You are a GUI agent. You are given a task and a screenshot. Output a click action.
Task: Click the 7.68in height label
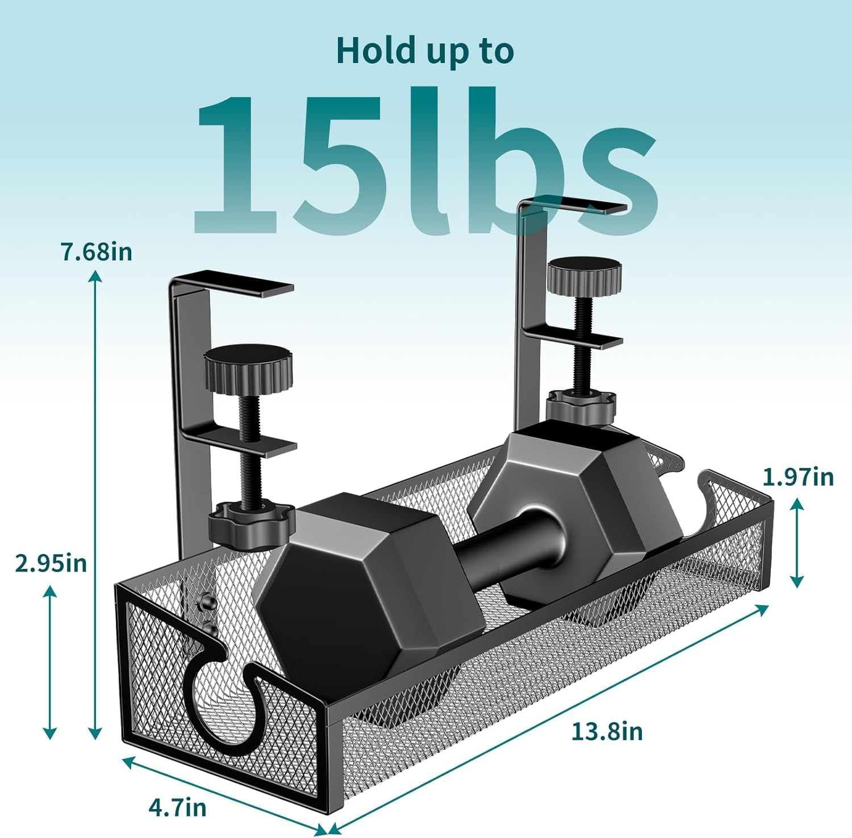(x=97, y=251)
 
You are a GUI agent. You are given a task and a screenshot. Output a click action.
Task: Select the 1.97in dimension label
(x=797, y=477)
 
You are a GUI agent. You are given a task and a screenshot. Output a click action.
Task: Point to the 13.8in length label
(x=607, y=731)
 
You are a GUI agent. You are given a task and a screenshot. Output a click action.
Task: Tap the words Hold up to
(x=425, y=51)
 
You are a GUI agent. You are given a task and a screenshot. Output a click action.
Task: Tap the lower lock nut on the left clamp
(x=250, y=523)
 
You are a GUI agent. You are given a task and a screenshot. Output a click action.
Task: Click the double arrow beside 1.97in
(x=797, y=542)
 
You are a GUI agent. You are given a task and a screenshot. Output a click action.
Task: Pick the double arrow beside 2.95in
(x=50, y=661)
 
